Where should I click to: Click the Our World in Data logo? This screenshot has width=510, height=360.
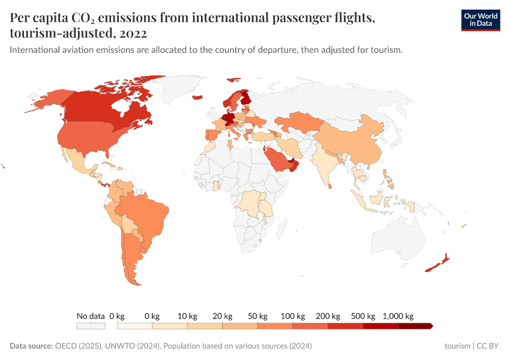(480, 20)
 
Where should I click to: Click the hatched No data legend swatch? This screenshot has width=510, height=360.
(91, 326)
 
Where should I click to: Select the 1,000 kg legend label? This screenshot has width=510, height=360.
(398, 316)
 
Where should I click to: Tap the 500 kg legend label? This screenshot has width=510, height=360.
(364, 316)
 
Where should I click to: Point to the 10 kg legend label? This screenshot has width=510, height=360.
(187, 316)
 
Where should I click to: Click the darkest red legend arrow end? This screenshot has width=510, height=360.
(430, 326)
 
